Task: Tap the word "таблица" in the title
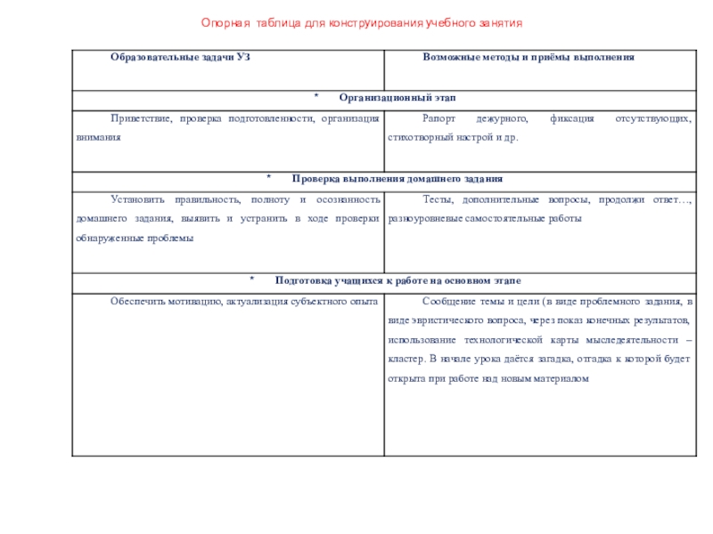(x=276, y=21)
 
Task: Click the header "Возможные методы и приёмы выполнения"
(x=528, y=56)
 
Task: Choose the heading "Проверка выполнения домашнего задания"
(x=397, y=178)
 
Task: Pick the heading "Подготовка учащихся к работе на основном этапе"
(x=397, y=280)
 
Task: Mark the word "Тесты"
(x=437, y=199)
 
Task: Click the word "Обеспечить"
(x=137, y=302)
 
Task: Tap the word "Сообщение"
(x=449, y=302)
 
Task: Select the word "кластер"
(x=406, y=360)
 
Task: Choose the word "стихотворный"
(x=420, y=137)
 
